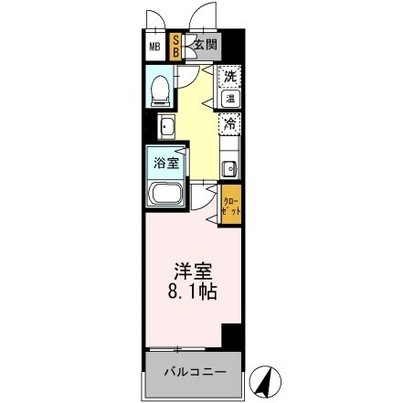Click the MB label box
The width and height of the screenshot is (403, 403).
[x=154, y=45]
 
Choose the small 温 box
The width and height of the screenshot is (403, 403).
[x=231, y=97]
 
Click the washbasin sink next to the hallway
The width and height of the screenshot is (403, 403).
[x=168, y=125]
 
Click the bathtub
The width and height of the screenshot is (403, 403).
[x=165, y=194]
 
